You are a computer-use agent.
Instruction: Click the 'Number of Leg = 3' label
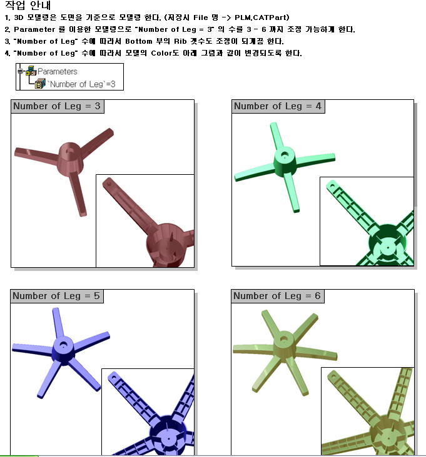click(57, 106)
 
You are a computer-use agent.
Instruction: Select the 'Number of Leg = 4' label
click(278, 106)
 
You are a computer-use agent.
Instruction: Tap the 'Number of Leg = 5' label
click(56, 296)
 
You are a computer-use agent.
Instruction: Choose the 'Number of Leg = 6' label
click(277, 296)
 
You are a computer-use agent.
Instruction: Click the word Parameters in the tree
click(58, 71)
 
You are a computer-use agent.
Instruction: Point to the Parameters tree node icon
click(31, 71)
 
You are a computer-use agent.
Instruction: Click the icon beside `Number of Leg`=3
click(40, 84)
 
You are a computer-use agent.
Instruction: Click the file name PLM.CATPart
click(262, 17)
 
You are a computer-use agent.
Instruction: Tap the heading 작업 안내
click(28, 5)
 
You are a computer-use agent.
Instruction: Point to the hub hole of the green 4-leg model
click(284, 155)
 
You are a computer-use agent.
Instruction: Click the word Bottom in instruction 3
click(139, 41)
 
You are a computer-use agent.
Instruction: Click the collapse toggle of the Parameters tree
click(20, 71)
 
